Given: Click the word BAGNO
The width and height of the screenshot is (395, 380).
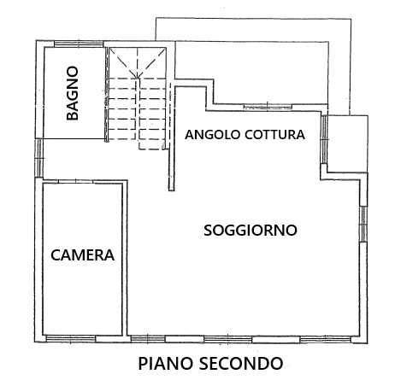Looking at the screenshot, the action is click(73, 93).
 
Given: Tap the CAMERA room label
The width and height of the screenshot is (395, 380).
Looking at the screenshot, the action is click(82, 254).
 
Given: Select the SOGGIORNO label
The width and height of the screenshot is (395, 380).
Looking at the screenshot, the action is click(251, 230).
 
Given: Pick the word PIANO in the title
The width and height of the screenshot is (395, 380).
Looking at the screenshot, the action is click(165, 363).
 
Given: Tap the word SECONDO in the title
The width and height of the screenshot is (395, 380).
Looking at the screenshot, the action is click(240, 363).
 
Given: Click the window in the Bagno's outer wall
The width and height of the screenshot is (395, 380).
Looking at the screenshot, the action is click(79, 44).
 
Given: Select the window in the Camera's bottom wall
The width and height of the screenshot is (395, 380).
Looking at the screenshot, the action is click(71, 339).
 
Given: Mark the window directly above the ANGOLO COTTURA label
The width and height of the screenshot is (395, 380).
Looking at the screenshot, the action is click(268, 107).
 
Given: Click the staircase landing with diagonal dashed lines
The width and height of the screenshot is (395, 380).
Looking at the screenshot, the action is click(138, 62).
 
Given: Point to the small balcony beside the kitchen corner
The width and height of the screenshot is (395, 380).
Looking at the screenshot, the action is click(347, 143).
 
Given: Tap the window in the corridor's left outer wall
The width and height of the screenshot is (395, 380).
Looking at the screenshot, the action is click(39, 158).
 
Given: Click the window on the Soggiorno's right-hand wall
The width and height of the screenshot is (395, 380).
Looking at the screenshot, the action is click(363, 224).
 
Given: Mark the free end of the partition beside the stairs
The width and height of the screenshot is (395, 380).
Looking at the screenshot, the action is click(171, 190).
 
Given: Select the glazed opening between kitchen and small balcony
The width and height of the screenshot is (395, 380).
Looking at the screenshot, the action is click(324, 139).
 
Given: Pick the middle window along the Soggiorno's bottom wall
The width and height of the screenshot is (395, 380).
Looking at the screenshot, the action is click(228, 339).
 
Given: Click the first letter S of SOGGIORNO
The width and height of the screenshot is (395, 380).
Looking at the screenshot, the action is click(208, 230).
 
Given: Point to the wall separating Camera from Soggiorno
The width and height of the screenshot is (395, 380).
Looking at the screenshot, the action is click(125, 258).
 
